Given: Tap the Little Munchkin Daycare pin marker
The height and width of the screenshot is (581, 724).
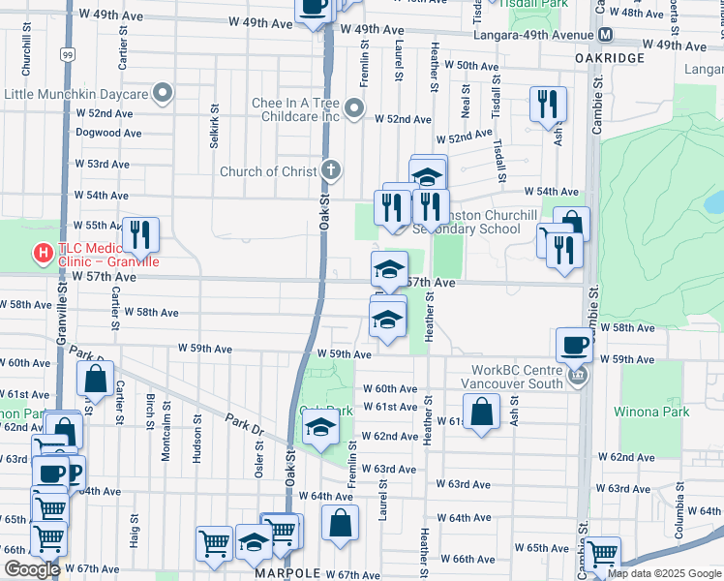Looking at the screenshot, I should tap(163, 94).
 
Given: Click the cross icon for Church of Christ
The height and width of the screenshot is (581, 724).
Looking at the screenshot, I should tap(331, 171).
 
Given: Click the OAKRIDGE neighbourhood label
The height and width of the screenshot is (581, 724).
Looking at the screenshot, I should tap(610, 58).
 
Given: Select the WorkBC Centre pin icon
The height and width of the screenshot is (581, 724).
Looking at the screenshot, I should tap(578, 377).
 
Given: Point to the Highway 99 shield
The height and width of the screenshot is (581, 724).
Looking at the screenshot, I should tap(66, 57).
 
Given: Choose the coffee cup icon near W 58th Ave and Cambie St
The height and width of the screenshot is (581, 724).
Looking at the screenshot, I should tap(574, 346).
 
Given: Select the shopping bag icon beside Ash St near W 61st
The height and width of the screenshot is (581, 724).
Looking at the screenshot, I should tap(481, 413).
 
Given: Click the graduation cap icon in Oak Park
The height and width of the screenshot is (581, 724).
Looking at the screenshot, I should tap(320, 427).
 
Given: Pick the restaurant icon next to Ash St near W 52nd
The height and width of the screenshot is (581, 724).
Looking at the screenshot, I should tap(548, 105).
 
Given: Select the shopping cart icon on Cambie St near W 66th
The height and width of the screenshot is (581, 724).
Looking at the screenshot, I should tap(602, 555).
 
